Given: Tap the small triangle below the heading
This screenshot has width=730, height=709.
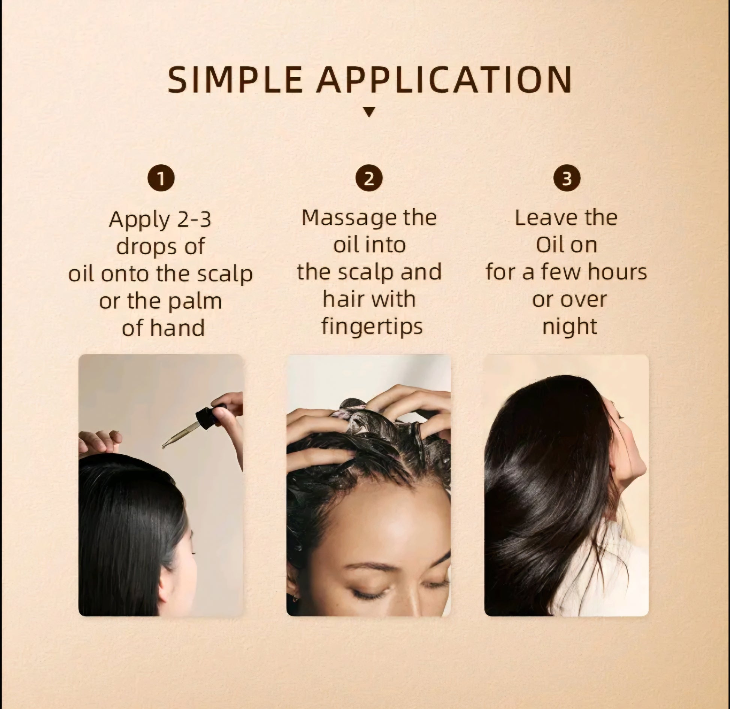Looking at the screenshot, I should (x=369, y=112).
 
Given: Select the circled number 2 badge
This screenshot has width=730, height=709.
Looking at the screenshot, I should (x=369, y=179).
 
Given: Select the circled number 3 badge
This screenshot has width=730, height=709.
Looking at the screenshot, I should (x=566, y=179).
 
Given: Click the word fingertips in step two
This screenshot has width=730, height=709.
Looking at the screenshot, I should (x=372, y=327).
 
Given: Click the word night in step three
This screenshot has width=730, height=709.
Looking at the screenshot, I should (x=569, y=326).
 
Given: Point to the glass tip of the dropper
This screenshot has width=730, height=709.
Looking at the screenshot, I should (x=165, y=445).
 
